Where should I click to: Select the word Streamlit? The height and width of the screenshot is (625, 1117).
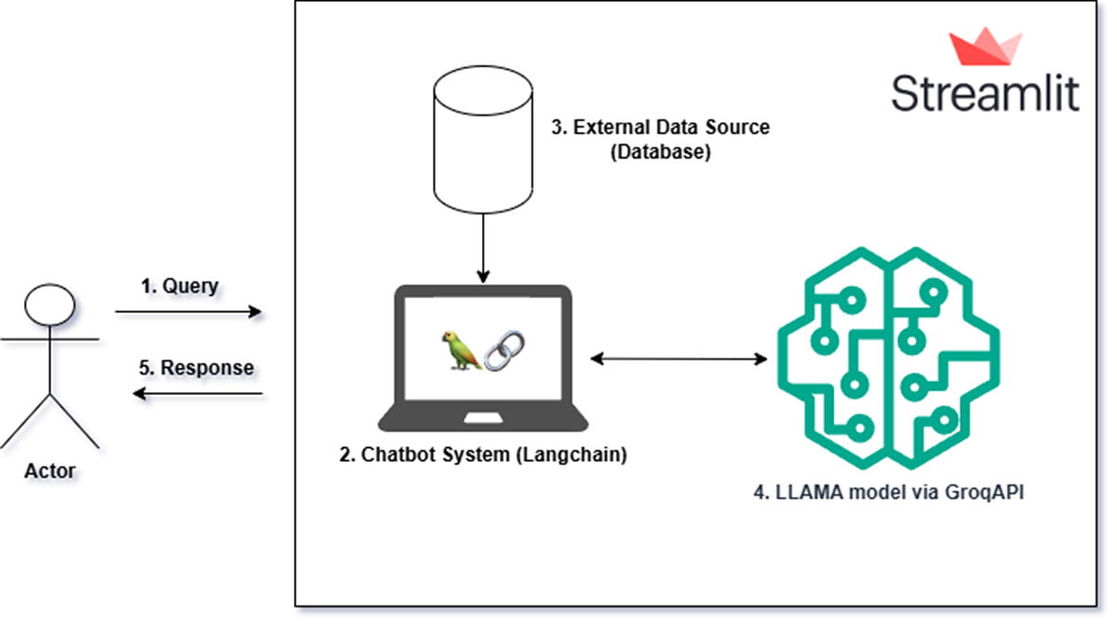pyautogui.click(x=986, y=94)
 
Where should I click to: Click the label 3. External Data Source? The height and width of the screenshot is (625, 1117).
pyautogui.click(x=661, y=128)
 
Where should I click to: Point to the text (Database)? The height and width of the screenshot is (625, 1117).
pyautogui.click(x=661, y=153)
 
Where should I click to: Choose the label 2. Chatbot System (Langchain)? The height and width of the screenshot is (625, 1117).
pyautogui.click(x=482, y=456)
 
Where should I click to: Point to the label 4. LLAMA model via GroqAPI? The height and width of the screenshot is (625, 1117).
pyautogui.click(x=889, y=494)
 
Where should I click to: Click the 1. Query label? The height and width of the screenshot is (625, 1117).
pyautogui.click(x=180, y=286)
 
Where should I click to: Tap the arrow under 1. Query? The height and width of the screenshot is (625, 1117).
pyautogui.click(x=189, y=312)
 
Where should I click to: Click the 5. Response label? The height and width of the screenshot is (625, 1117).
pyautogui.click(x=196, y=368)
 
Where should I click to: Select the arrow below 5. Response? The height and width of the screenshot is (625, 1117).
pyautogui.click(x=196, y=394)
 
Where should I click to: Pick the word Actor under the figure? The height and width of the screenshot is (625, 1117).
pyautogui.click(x=50, y=470)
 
